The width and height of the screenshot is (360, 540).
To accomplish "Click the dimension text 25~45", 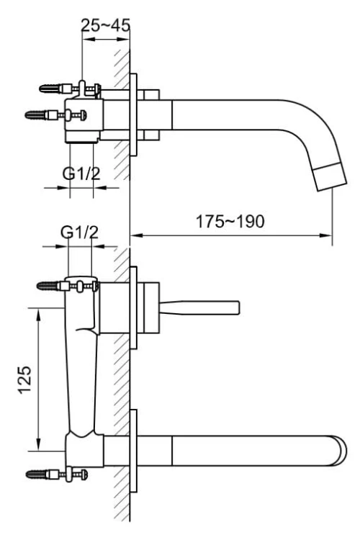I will tap(105, 25).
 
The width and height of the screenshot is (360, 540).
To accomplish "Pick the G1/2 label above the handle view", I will tap(79, 233).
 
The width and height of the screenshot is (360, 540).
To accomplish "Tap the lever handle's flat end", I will tap(235, 307).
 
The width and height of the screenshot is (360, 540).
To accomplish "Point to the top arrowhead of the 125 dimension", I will tap(36, 310).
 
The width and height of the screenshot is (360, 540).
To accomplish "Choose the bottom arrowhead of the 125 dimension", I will tap(36, 447).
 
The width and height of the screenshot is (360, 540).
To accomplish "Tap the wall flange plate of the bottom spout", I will tap(133, 450).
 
